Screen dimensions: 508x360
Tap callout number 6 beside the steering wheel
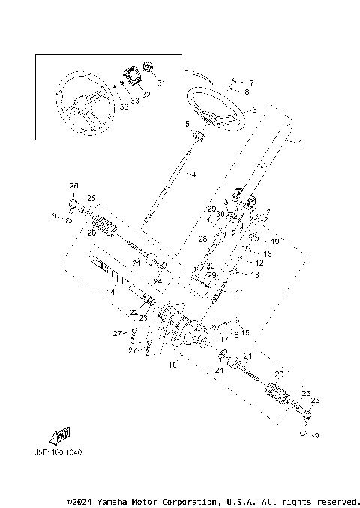point(254,110)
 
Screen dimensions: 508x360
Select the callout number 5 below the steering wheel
point(187,124)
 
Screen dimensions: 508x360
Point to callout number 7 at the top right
point(251,83)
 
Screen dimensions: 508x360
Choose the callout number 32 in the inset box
point(147,95)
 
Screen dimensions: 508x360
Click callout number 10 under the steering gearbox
point(173,365)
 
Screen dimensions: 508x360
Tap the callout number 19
point(274,242)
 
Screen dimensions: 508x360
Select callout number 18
point(267,254)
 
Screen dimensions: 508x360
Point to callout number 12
point(259,263)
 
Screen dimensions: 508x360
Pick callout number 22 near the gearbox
point(133,312)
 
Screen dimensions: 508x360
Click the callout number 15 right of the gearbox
point(246,332)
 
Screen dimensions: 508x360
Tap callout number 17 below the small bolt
point(223,338)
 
